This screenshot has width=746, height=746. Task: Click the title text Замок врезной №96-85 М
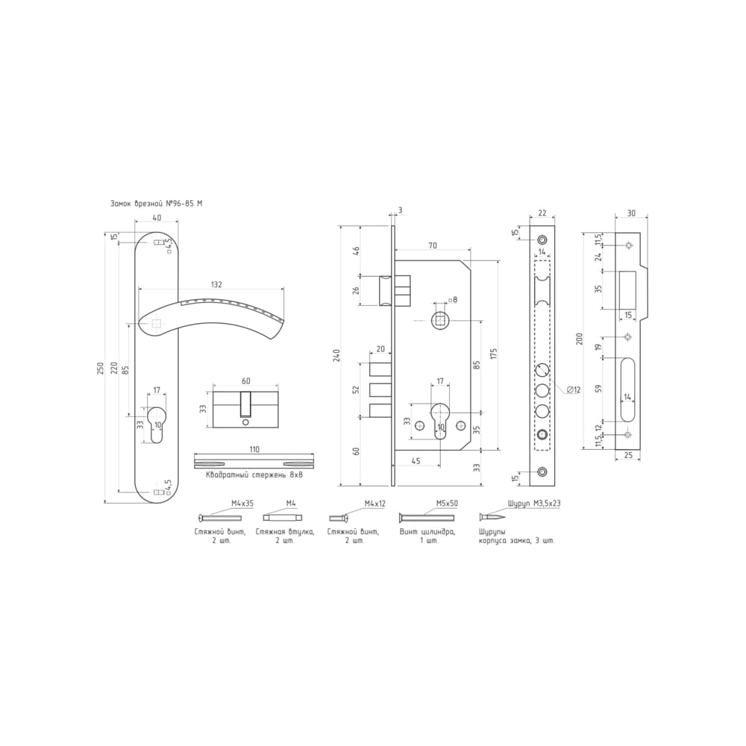tap(156, 204)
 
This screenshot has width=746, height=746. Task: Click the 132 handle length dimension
tap(216, 284)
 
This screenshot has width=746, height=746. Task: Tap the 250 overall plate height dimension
tap(100, 368)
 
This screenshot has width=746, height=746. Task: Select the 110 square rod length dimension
tap(254, 449)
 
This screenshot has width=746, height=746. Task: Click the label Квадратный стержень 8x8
tap(254, 474)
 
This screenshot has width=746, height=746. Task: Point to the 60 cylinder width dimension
tap(246, 381)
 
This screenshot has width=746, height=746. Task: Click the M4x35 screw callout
tap(242, 503)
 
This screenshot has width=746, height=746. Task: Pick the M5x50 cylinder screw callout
tap(447, 503)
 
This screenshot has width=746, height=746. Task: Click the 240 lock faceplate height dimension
tap(337, 355)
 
